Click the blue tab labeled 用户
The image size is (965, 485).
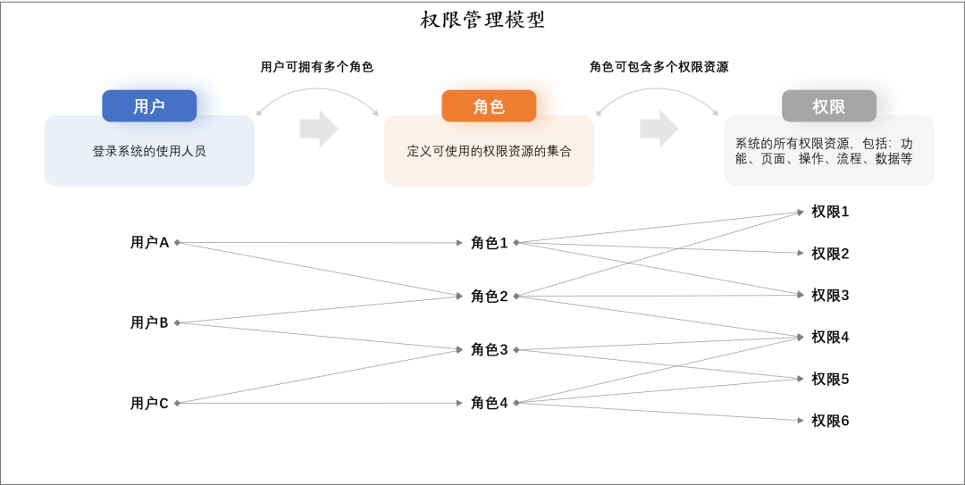tap(149, 106)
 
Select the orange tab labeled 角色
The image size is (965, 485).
tap(489, 106)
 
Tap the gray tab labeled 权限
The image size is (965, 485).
tap(828, 106)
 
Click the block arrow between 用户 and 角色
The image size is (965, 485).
tap(318, 130)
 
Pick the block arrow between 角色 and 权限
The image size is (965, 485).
tap(659, 130)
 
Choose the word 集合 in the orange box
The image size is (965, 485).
tap(559, 152)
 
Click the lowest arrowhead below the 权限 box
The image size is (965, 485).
tap(801, 420)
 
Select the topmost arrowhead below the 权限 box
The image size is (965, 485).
tap(801, 213)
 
